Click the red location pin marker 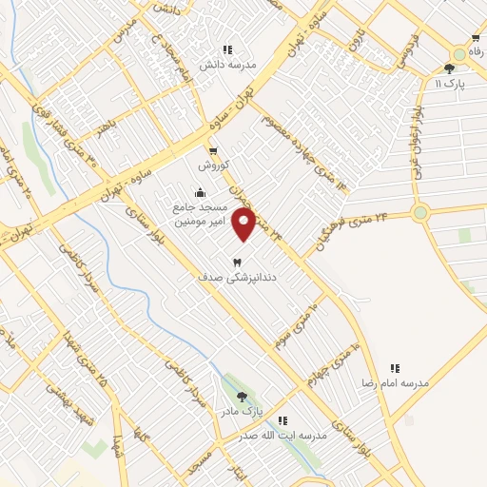244,224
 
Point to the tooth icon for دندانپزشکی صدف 238,262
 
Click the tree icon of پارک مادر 242,397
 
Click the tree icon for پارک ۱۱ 450,68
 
